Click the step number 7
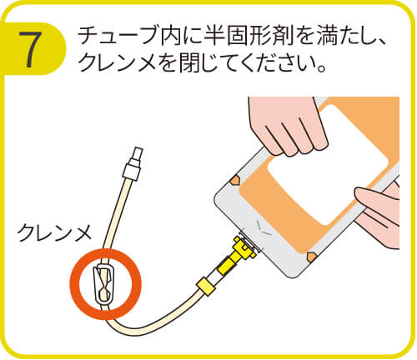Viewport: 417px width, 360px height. pos(30,49)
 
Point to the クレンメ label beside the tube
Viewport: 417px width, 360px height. pos(53,232)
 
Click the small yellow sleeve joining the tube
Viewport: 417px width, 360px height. pos(206,286)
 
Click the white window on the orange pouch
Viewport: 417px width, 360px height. pos(328,165)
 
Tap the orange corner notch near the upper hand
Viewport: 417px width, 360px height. pos(235,180)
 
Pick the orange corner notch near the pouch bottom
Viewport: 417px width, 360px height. pos(311,257)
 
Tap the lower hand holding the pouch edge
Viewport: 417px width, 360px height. pos(381,215)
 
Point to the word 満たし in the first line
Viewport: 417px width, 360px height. pos(344,36)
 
